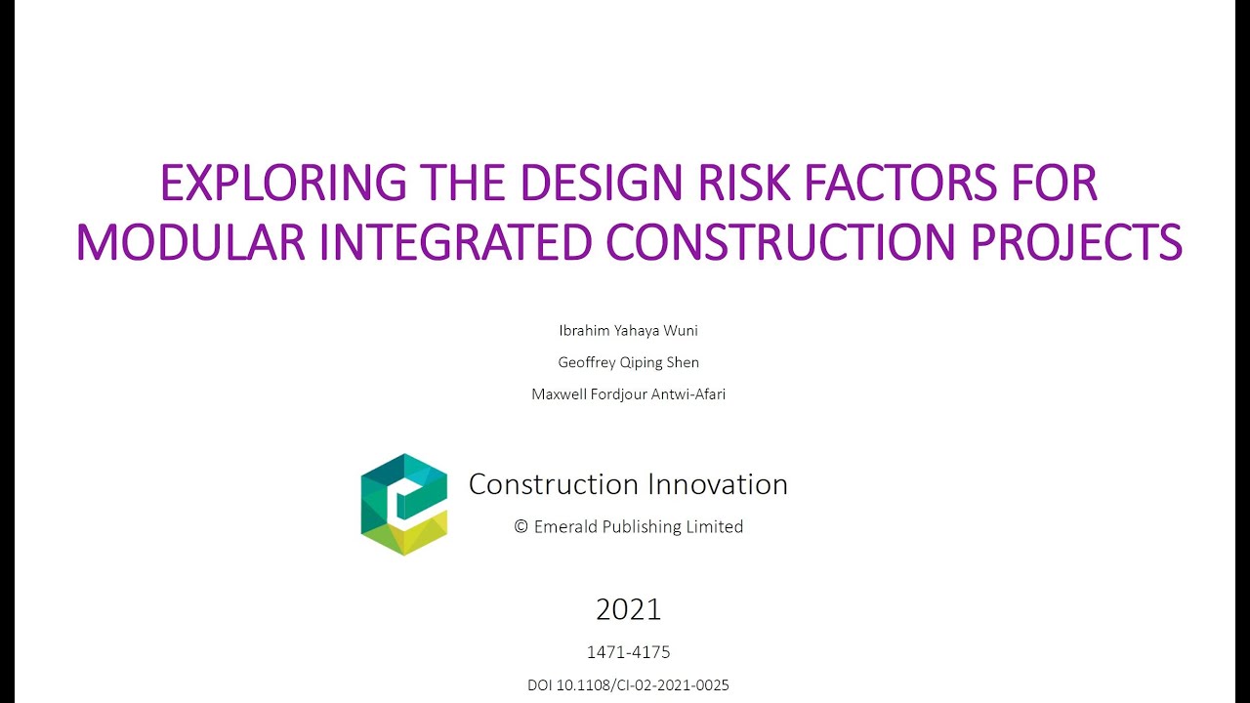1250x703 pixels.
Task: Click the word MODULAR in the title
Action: pos(189,242)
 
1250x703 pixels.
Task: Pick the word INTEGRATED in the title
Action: pos(455,242)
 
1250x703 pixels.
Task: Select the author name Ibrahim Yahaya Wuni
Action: pos(628,331)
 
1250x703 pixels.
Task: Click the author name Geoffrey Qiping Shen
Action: pos(628,362)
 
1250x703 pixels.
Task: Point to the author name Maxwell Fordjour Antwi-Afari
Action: pos(628,394)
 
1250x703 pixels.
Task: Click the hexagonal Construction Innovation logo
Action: pos(404,504)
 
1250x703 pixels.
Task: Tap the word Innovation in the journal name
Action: pos(717,484)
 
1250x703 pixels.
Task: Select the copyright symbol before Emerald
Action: pos(521,527)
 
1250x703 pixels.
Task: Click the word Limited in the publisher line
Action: pos(715,527)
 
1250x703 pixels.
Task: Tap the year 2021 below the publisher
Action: pos(628,610)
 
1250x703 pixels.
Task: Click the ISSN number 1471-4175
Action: pos(628,652)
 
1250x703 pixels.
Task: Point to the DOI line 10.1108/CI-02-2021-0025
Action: pos(628,685)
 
